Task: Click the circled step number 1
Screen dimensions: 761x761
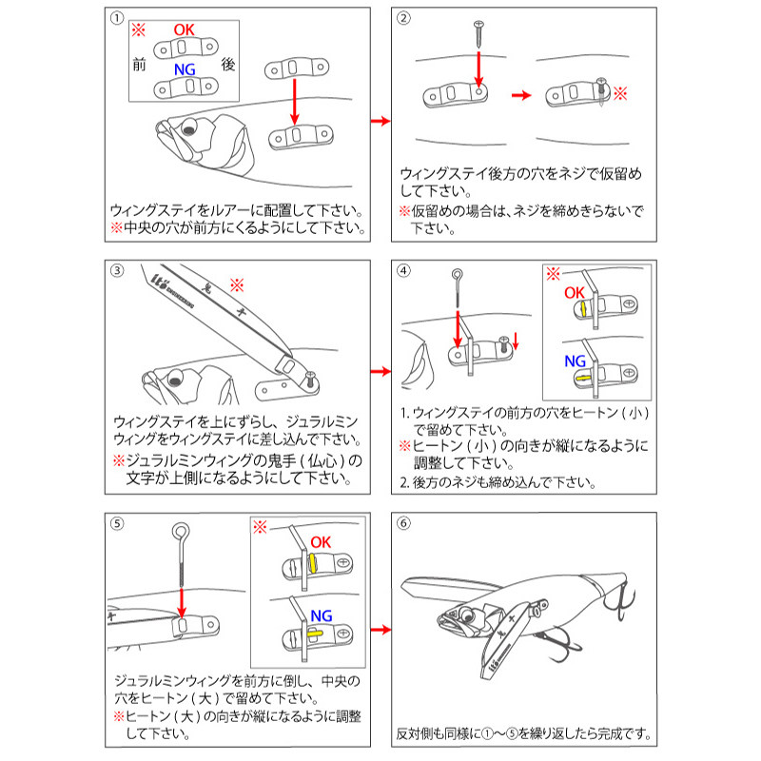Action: point(116,18)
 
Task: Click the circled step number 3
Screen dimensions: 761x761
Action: point(116,270)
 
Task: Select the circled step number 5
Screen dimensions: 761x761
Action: point(116,522)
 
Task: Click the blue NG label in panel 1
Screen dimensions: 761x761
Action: point(185,69)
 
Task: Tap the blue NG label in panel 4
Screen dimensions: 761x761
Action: point(576,361)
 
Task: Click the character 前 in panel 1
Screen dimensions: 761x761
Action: point(140,65)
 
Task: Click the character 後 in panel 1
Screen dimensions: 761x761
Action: point(228,65)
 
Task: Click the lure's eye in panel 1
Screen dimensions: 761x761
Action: point(188,129)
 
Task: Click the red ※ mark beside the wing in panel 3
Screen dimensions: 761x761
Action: point(237,283)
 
